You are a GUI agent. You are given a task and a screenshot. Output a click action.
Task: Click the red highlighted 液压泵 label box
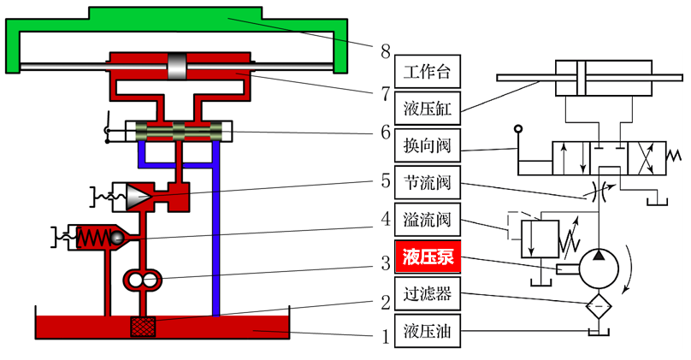tap(428, 257)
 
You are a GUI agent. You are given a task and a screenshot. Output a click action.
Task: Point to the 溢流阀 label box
tap(428, 220)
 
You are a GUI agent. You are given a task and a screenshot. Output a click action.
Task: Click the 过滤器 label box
tap(428, 296)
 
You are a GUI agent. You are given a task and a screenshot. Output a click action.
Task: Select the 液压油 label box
tap(428, 333)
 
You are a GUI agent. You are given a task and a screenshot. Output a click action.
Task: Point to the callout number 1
tap(384, 336)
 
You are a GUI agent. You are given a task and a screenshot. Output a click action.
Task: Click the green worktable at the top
tap(180, 21)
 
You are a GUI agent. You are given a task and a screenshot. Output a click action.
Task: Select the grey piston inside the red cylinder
tap(178, 68)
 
